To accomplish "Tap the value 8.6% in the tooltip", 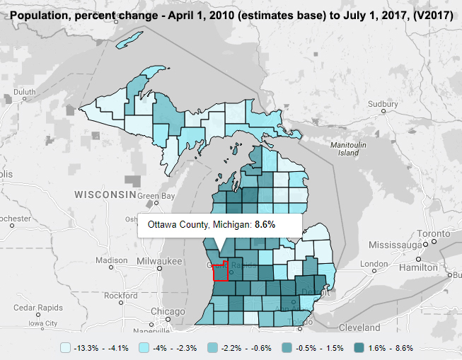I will click(265, 224).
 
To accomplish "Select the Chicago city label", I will click(168, 312).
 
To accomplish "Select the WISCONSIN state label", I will click(105, 194).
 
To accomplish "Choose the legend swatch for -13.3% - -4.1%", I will click(66, 348).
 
